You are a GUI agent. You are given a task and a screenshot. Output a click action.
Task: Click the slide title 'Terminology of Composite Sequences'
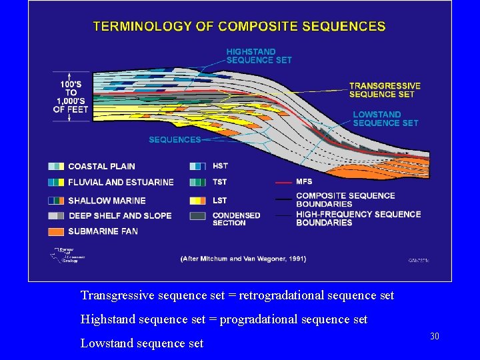[239, 27]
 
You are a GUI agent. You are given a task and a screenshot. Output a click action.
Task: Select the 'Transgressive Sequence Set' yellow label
[385, 90]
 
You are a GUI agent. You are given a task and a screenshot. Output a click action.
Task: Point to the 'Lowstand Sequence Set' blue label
[385, 119]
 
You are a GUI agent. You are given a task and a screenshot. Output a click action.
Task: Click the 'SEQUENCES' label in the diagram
[174, 140]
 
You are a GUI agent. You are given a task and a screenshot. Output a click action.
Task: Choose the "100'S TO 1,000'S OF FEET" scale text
[71, 97]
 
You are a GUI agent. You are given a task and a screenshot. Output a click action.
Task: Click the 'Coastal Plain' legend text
[101, 166]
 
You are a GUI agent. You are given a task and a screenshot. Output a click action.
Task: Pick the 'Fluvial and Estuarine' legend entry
[121, 182]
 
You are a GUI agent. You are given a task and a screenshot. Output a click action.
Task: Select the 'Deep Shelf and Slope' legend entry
[119, 215]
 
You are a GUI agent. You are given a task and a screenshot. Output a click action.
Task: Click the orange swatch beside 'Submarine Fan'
[57, 231]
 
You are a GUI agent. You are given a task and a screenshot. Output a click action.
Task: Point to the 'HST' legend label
[219, 166]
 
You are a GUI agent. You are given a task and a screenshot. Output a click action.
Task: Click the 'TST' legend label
[219, 182]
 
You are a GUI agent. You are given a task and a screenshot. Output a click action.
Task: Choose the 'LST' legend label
[219, 200]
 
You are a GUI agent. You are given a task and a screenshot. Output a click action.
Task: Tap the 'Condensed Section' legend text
[236, 219]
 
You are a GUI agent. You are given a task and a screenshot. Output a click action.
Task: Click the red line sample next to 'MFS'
[283, 181]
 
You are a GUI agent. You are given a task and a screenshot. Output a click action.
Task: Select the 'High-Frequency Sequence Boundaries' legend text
[358, 218]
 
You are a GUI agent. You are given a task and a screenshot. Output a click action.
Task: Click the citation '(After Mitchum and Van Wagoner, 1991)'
[244, 258]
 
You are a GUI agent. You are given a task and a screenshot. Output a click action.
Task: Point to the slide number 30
[435, 337]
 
